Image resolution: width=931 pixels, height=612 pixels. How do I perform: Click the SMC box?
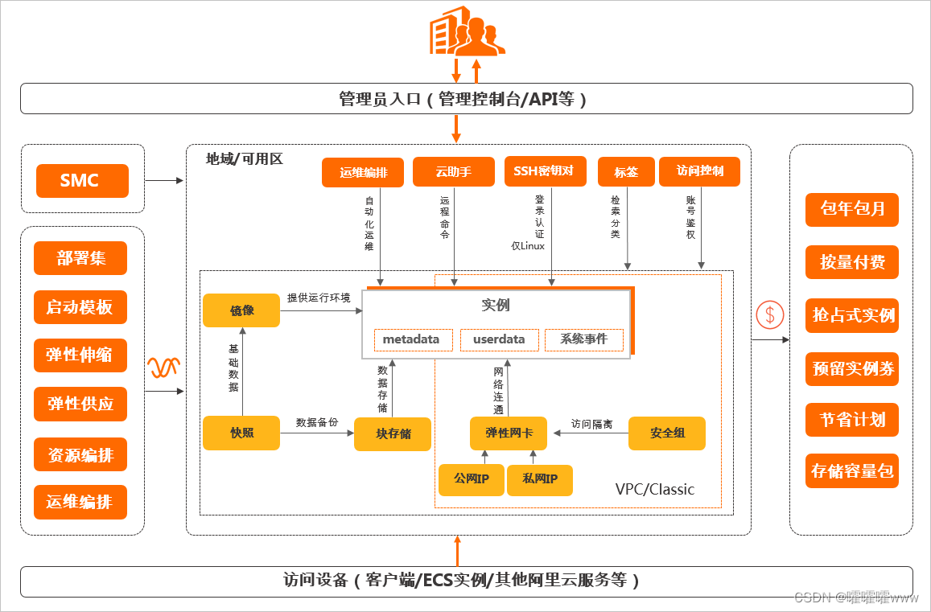click(82, 181)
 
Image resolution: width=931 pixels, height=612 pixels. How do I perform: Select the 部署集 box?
click(80, 258)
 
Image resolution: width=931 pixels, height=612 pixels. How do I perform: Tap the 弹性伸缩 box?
click(80, 355)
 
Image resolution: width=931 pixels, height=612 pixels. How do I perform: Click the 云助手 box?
click(453, 172)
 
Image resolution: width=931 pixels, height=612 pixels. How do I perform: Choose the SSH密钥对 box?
click(544, 171)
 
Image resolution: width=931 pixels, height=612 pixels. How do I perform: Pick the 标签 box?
click(626, 172)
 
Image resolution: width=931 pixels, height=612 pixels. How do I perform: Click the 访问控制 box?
click(699, 171)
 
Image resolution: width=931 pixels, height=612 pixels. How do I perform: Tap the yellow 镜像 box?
click(241, 310)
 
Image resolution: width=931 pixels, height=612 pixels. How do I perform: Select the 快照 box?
click(241, 433)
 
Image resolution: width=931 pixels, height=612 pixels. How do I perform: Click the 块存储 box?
click(393, 434)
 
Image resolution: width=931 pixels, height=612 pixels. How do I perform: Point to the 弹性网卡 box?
click(508, 433)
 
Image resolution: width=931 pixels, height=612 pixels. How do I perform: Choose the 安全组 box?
click(667, 433)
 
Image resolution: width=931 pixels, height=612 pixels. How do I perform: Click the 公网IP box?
click(471, 479)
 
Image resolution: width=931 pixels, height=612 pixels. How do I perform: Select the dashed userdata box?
click(499, 339)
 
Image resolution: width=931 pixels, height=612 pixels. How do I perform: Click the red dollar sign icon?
click(769, 314)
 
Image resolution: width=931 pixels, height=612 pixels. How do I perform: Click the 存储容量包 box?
click(852, 471)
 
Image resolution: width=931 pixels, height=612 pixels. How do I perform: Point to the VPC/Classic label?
click(654, 489)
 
